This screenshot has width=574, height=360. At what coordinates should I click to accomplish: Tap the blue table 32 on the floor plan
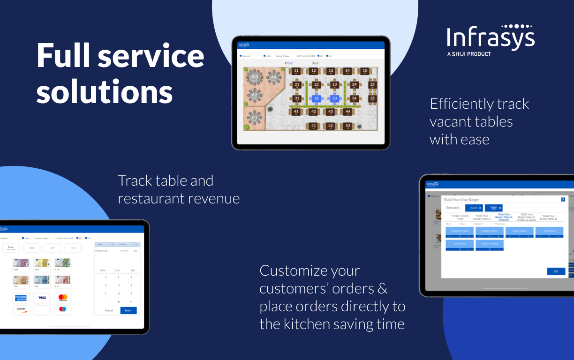click(x=317, y=98)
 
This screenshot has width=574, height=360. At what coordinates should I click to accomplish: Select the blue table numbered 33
click(x=334, y=98)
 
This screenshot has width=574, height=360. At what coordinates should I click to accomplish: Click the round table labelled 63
click(x=255, y=77)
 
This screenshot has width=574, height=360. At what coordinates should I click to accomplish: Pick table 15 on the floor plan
click(x=365, y=71)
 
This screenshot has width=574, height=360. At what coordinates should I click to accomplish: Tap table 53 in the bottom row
click(x=347, y=126)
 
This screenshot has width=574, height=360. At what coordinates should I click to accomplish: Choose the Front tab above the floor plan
click(x=289, y=63)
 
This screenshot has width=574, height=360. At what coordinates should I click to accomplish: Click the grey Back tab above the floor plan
click(x=315, y=63)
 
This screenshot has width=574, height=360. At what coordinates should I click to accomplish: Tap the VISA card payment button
click(x=42, y=298)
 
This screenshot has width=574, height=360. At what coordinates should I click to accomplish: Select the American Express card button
click(x=21, y=298)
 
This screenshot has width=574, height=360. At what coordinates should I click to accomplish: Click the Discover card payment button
click(x=21, y=310)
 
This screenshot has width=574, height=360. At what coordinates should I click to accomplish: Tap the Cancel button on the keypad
click(x=109, y=310)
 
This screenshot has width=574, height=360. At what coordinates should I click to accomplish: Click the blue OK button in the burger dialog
click(x=556, y=271)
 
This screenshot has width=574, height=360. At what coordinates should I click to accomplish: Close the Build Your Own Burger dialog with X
click(x=563, y=200)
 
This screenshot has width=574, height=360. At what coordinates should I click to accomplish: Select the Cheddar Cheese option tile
click(x=490, y=231)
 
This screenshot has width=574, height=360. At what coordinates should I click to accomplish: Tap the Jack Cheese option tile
click(x=549, y=231)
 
